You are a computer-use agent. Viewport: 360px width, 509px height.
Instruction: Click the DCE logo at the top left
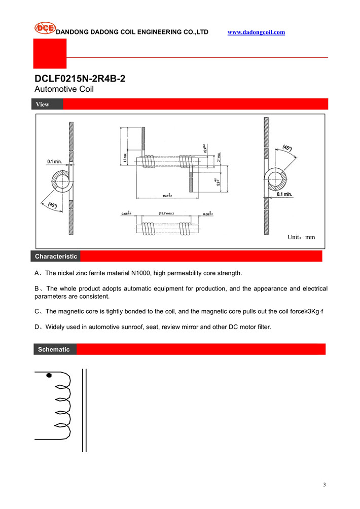tap(45, 28)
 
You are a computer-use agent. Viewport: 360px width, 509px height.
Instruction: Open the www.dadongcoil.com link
tap(256, 32)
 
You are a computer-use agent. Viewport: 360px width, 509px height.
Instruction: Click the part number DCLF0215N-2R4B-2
tap(80, 79)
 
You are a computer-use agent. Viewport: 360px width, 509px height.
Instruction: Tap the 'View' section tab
tap(43, 104)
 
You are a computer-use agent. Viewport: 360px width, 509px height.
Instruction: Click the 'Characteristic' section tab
tap(56, 257)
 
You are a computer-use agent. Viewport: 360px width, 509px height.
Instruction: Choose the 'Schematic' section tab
tap(54, 350)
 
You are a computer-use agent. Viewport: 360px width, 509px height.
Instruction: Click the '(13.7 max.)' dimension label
tap(166, 213)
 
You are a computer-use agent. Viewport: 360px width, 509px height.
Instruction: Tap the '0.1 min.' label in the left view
tap(55, 161)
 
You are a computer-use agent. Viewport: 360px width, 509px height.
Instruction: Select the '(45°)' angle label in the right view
tap(286, 148)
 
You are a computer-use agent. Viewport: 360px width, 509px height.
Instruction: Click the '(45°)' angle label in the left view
tap(52, 205)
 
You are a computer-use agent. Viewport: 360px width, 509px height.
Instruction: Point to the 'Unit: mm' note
tap(301, 237)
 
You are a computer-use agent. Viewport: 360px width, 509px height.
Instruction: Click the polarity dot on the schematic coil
tap(49, 376)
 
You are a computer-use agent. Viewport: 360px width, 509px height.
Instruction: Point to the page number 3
tap(324, 485)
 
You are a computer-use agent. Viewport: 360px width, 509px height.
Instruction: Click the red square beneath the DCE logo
tap(50, 53)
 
